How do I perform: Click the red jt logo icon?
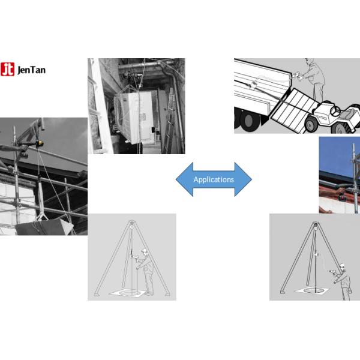click(x=7, y=69)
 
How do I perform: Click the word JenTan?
click(x=31, y=70)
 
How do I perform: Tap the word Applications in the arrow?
click(x=214, y=179)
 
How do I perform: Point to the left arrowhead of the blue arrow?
click(x=185, y=179)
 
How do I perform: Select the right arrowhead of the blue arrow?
click(x=243, y=179)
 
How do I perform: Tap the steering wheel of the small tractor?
click(x=335, y=111)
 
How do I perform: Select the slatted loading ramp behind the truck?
click(x=295, y=110)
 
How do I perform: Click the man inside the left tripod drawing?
click(x=146, y=271)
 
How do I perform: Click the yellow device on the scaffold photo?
click(x=40, y=143)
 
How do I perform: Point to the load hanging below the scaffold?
click(x=44, y=227)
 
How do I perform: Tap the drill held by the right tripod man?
click(x=332, y=272)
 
